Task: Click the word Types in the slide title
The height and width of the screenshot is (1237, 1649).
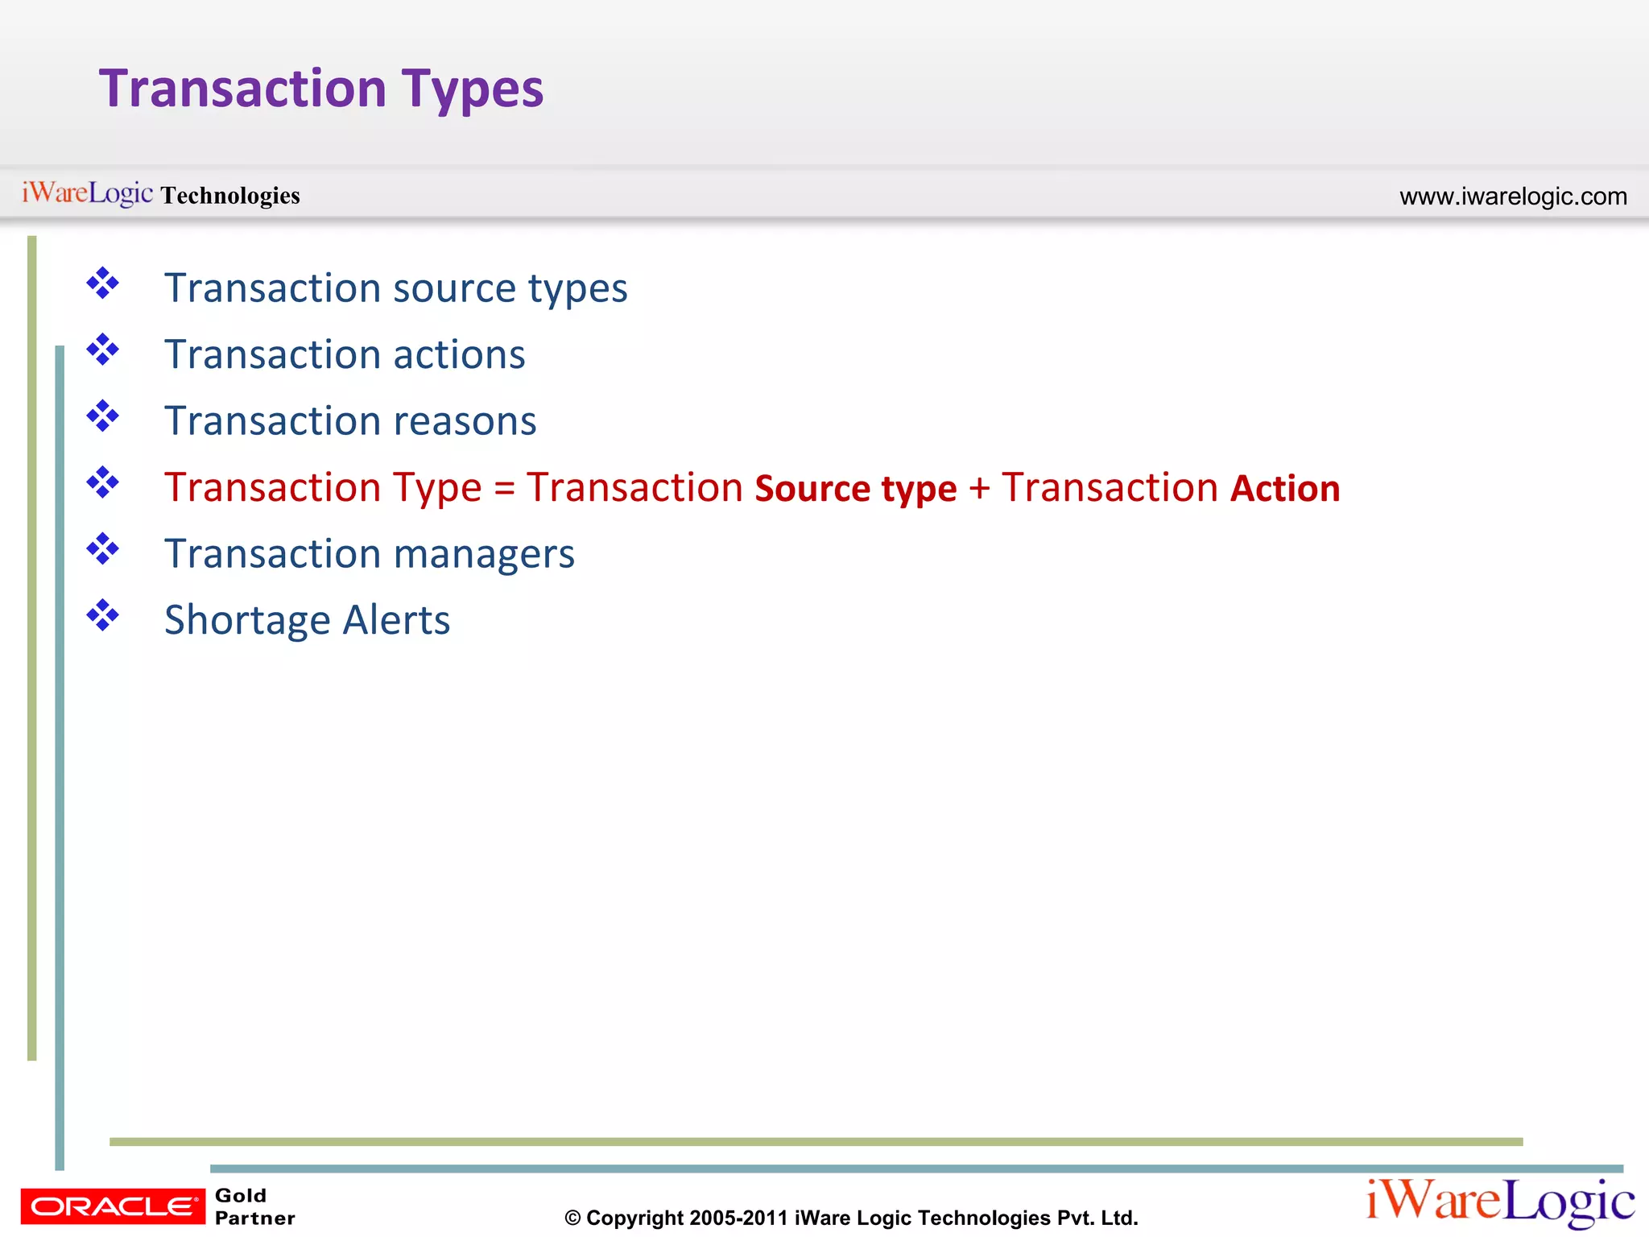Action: [x=473, y=90]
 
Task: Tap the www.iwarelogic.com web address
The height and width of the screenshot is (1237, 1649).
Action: [x=1513, y=197]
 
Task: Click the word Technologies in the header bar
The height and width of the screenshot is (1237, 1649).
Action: [x=230, y=196]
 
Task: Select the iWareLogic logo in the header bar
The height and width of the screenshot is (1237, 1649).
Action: [x=87, y=193]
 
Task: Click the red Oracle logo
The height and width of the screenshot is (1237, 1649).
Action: [x=113, y=1206]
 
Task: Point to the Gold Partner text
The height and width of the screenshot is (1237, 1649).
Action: [x=254, y=1206]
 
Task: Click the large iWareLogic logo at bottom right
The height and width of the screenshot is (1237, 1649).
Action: [x=1500, y=1202]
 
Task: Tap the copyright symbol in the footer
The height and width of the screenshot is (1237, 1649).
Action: [x=572, y=1218]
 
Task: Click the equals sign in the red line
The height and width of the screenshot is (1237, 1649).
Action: [x=504, y=488]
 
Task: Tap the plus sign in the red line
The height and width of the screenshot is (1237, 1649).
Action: [x=979, y=488]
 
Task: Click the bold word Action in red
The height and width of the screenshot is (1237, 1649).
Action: [x=1285, y=489]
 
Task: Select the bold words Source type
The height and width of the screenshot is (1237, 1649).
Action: [x=856, y=489]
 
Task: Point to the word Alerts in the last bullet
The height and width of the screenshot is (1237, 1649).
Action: [x=396, y=621]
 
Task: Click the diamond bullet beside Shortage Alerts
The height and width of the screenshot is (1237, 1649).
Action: [x=103, y=616]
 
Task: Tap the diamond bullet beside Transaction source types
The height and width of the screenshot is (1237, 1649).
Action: [x=103, y=283]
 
